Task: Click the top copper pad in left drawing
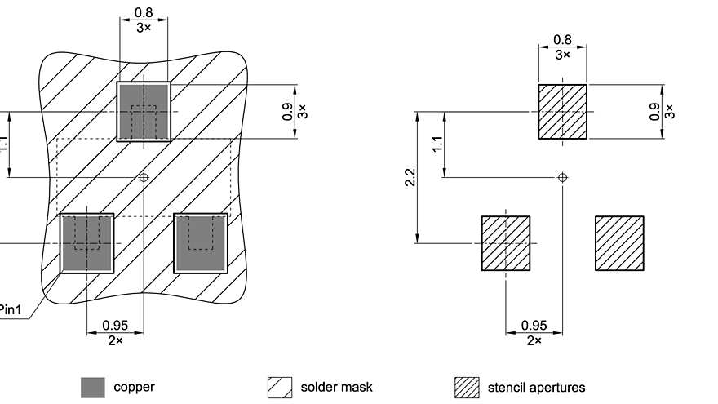[x=144, y=111]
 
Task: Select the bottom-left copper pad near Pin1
[x=86, y=242]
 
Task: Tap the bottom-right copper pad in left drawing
[x=200, y=242]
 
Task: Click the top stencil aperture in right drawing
[x=562, y=111]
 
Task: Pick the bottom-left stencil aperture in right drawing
[x=505, y=243]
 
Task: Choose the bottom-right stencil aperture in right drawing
[x=619, y=243]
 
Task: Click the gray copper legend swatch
[x=93, y=388]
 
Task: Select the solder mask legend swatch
[x=280, y=388]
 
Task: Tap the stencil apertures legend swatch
[x=467, y=388]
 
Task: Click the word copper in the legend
[x=134, y=387]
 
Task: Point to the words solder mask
[x=336, y=387]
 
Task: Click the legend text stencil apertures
[x=536, y=387]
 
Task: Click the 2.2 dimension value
[x=410, y=177]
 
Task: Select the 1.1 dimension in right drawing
[x=438, y=144]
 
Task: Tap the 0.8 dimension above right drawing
[x=562, y=40]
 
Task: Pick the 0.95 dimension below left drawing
[x=115, y=326]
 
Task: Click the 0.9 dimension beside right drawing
[x=654, y=111]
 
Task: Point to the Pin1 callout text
[x=10, y=309]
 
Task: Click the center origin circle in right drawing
[x=562, y=177]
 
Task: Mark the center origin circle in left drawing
[x=144, y=176]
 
